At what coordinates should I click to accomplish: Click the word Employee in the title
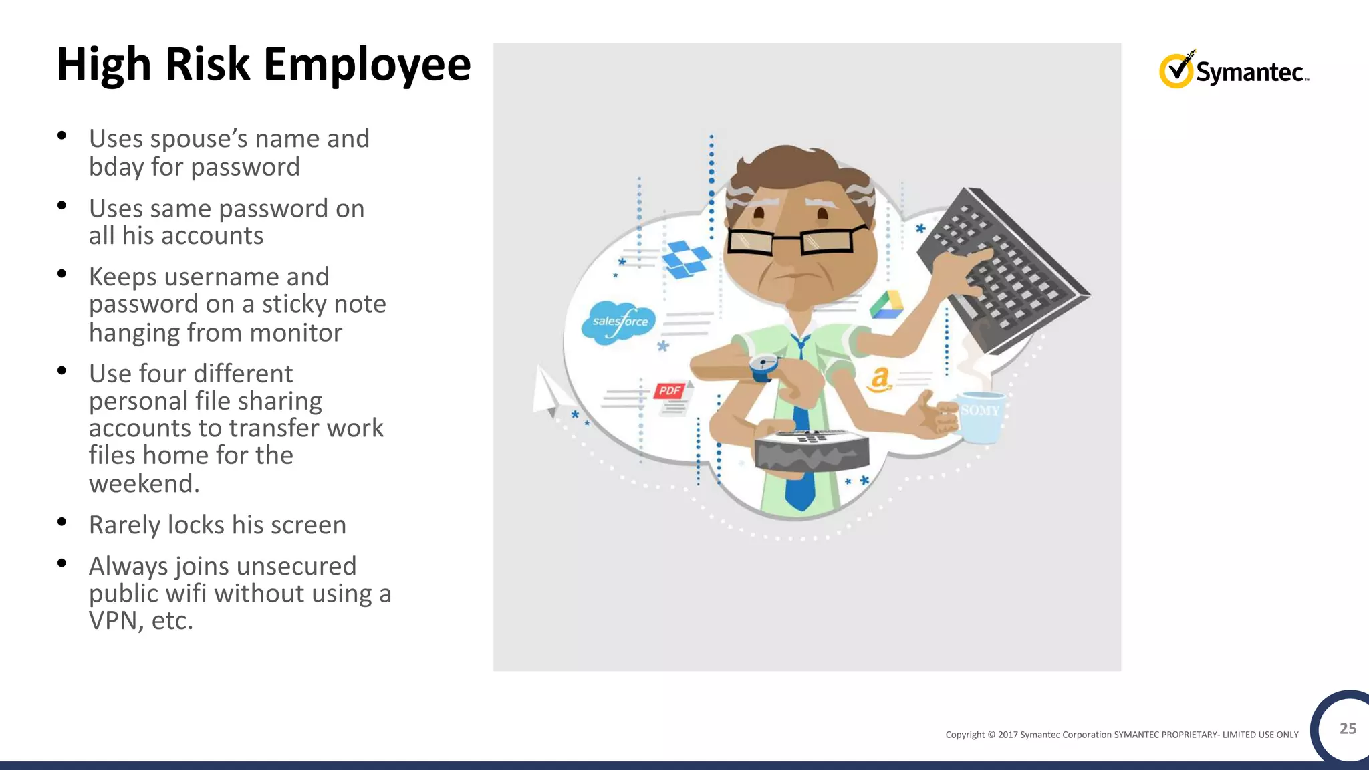367,66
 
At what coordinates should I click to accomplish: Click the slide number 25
1348,729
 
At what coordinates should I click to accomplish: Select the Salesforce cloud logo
619,322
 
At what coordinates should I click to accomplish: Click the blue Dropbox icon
687,259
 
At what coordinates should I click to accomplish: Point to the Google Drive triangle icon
887,305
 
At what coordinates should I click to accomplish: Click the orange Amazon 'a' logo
879,380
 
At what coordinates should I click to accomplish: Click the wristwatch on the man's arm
763,366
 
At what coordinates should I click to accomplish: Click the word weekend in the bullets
144,483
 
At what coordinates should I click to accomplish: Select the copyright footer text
1122,735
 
